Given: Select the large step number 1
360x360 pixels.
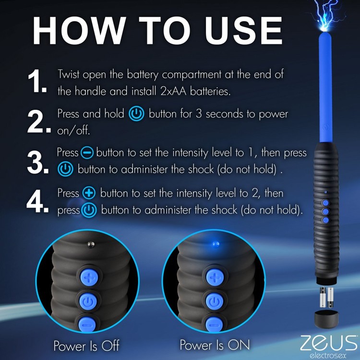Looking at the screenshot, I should coord(38,82).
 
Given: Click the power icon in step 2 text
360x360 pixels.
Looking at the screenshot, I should coord(137,114).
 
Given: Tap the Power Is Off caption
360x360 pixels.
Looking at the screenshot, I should coord(86,345).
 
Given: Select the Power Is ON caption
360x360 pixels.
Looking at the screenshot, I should coord(215,345).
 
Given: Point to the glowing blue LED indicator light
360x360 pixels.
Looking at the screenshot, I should coord(214,244).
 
